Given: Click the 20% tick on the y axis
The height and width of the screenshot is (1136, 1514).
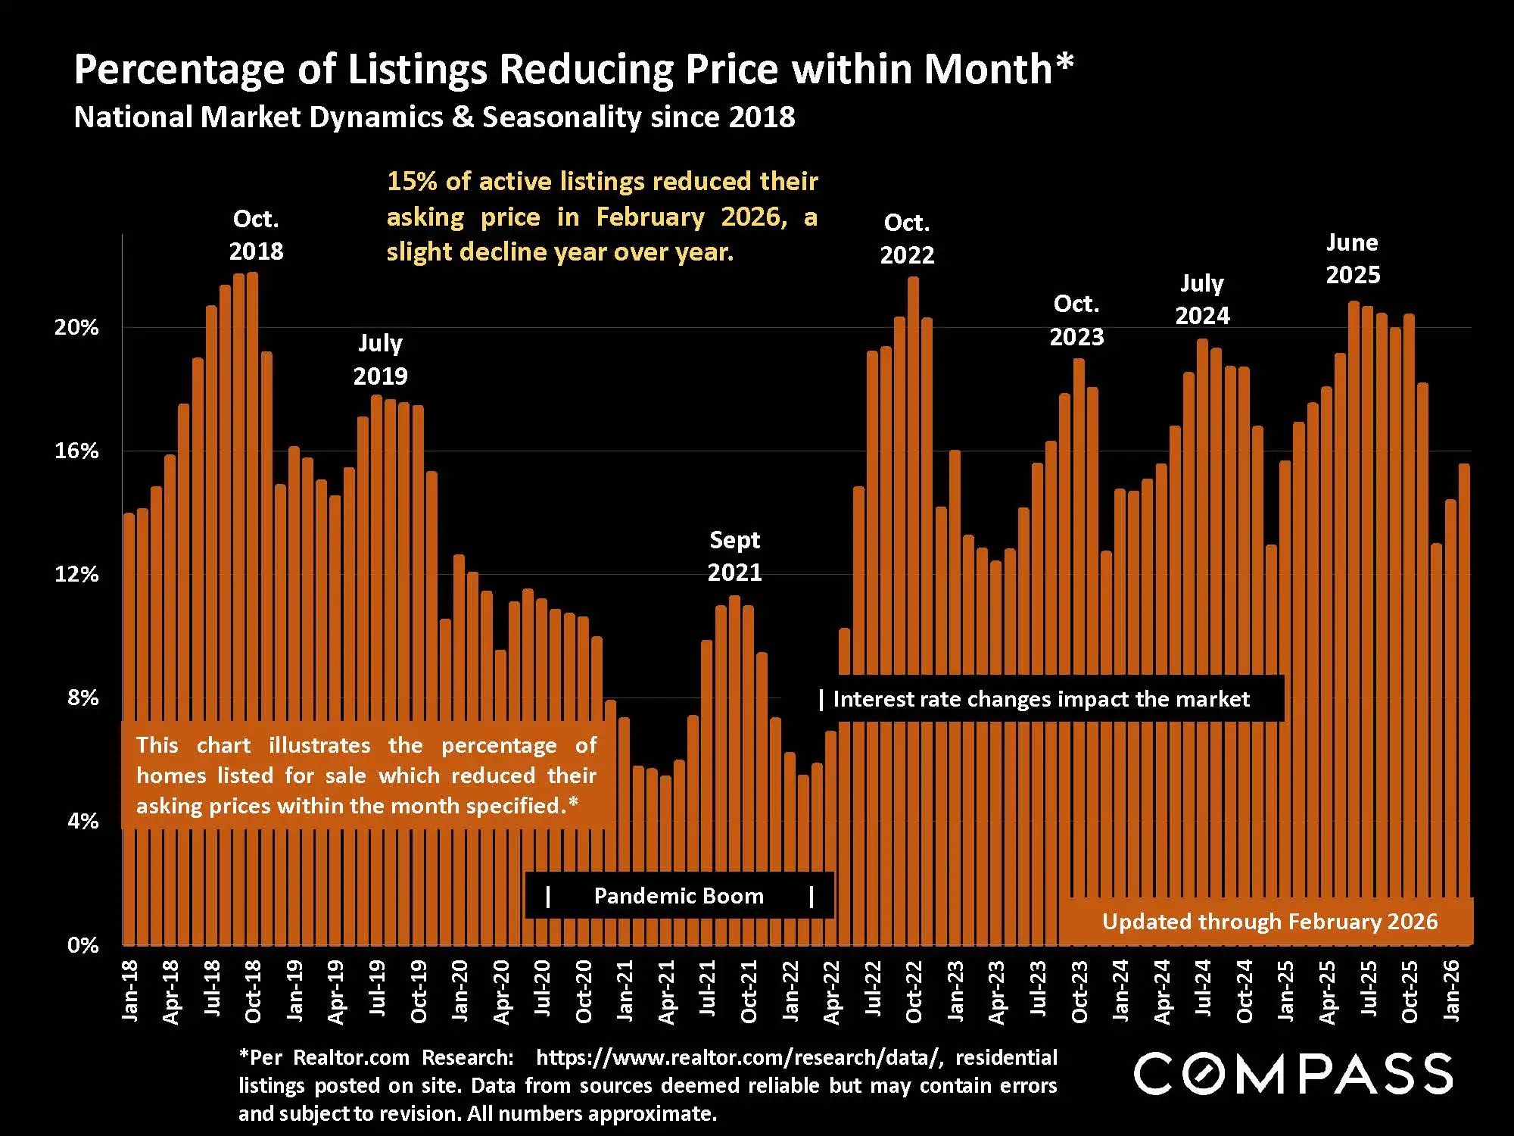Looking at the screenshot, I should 76,327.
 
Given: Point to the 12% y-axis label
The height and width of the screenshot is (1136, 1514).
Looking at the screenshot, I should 76,574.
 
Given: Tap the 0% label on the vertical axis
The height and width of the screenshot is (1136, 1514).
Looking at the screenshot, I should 83,944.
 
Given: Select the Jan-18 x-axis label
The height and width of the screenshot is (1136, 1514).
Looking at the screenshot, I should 130,991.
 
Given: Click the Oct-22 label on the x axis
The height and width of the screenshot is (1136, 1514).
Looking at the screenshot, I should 914,991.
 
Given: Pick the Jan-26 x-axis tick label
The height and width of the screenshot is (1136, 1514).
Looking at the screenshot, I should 1451,991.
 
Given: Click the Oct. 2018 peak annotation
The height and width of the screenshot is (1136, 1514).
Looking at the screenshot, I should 256,235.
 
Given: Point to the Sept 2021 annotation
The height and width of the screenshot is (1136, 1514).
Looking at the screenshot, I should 734,556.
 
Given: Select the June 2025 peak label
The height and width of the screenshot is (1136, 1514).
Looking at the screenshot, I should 1353,258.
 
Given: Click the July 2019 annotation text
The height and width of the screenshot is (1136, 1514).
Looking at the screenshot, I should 380,359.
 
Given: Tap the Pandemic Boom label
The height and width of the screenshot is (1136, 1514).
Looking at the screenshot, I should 678,896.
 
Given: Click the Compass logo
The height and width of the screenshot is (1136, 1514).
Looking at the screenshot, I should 1292,1074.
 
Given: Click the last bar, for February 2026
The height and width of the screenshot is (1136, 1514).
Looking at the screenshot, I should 1464,682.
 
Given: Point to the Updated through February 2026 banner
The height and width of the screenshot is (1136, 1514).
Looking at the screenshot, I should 1269,922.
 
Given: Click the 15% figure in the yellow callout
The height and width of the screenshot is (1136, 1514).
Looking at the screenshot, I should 412,181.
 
